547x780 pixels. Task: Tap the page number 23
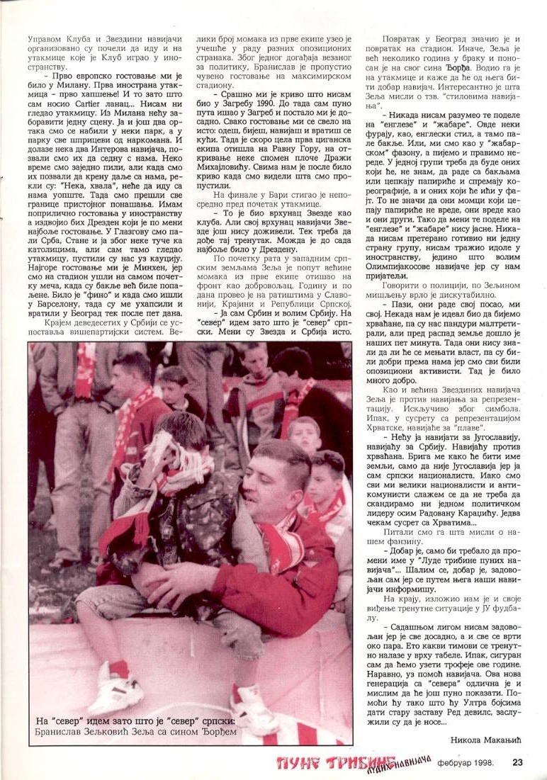click(517, 763)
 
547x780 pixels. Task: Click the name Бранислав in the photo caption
click(67, 731)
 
